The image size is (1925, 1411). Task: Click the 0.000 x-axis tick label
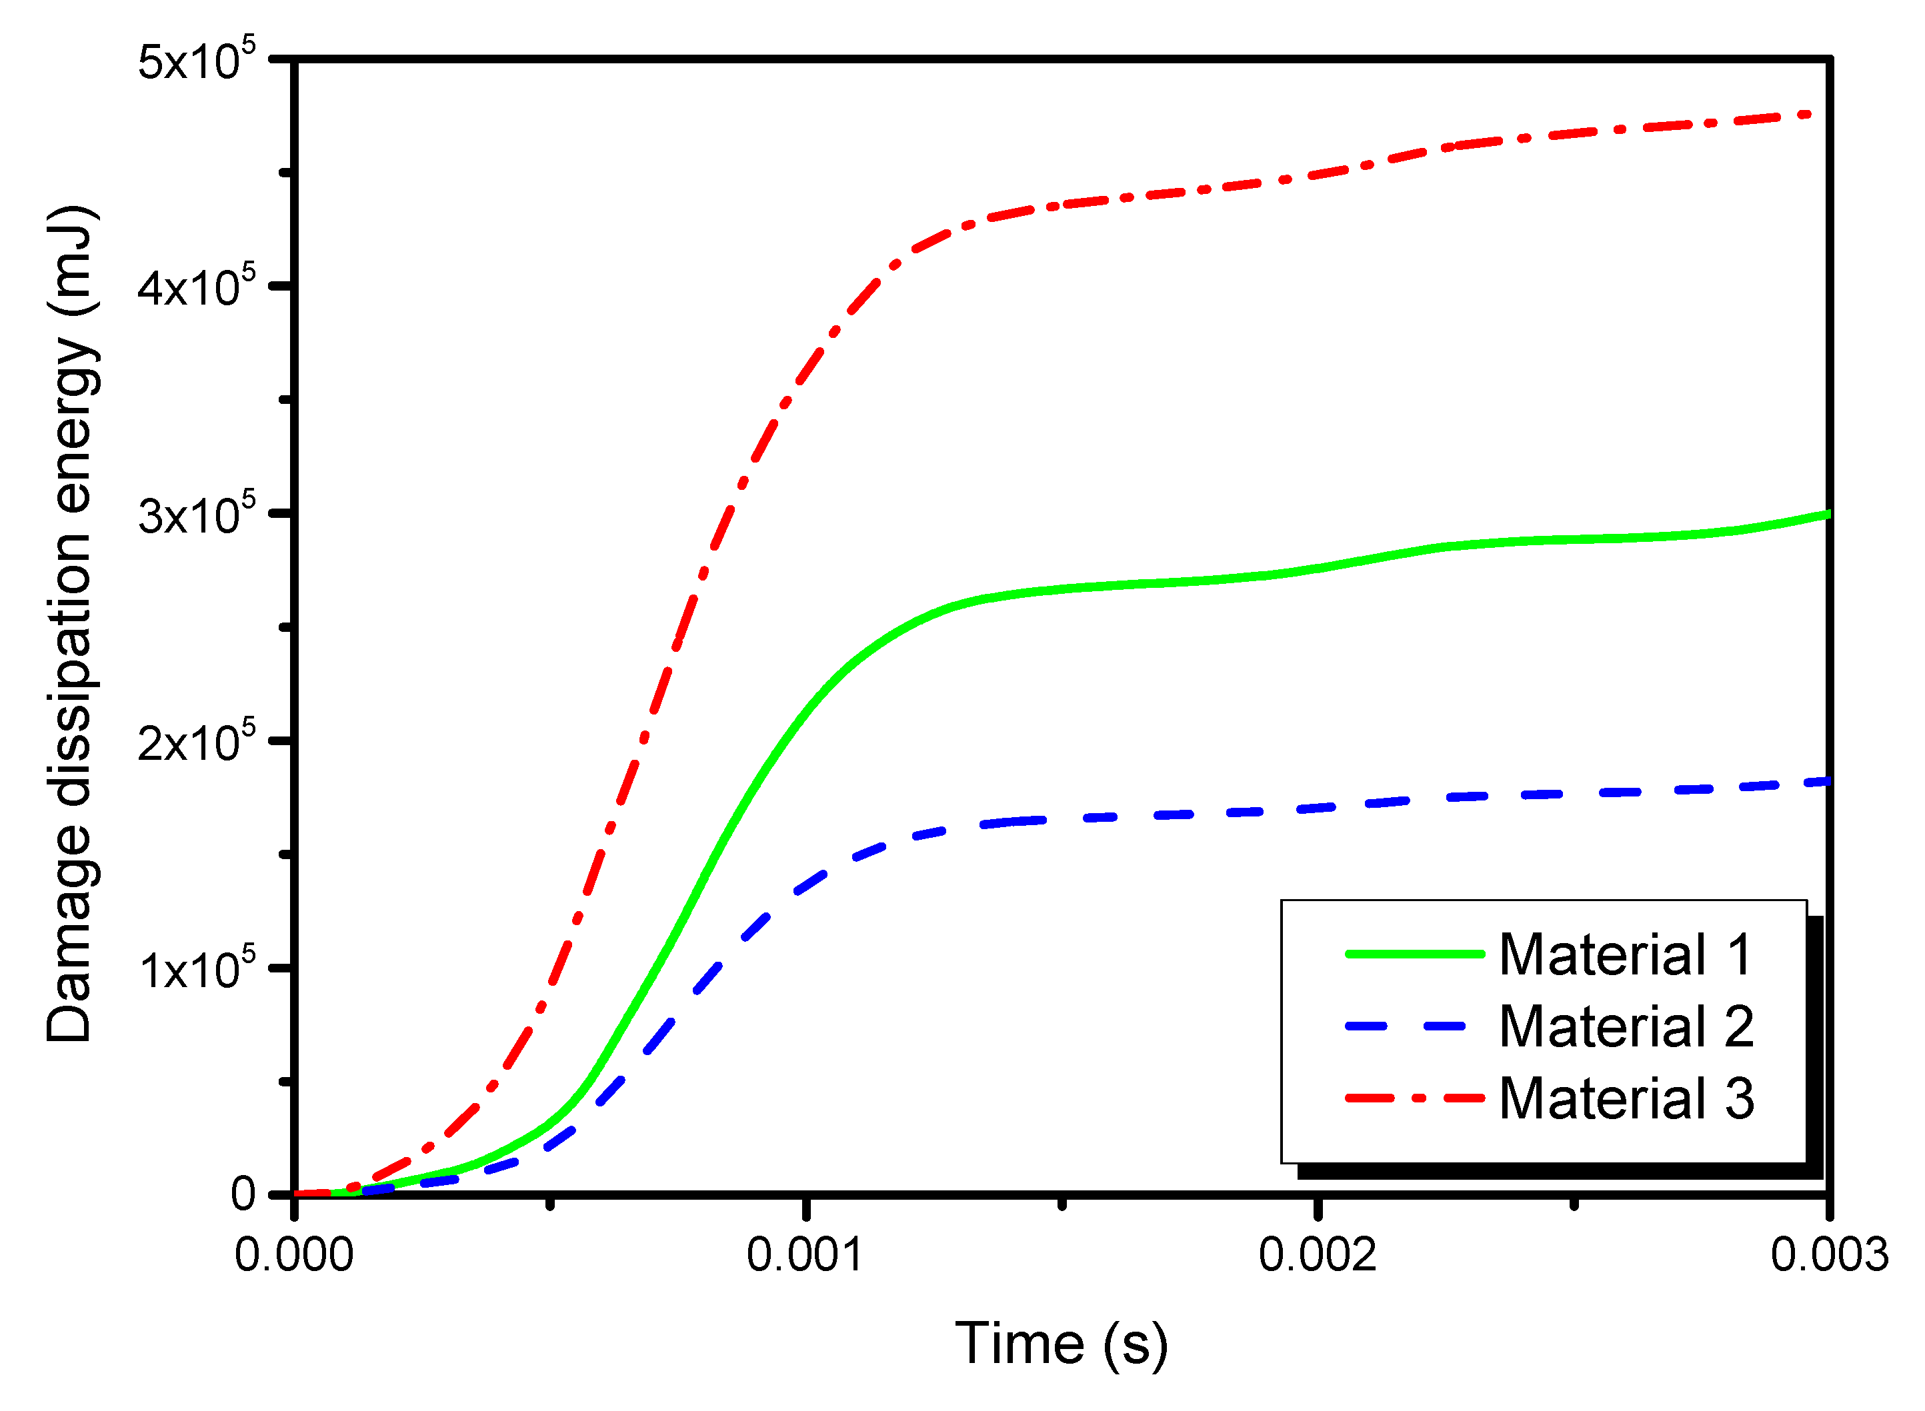click(x=294, y=1256)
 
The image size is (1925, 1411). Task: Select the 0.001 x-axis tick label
click(x=805, y=1256)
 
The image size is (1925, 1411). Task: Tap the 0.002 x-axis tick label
click(x=1318, y=1256)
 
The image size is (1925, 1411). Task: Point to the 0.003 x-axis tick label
click(x=1829, y=1256)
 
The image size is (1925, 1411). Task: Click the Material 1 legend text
click(x=1626, y=955)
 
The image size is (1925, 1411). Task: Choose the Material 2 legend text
click(x=1626, y=1026)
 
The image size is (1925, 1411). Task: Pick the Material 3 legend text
click(x=1626, y=1098)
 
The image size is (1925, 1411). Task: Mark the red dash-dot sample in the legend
click(x=1414, y=1098)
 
